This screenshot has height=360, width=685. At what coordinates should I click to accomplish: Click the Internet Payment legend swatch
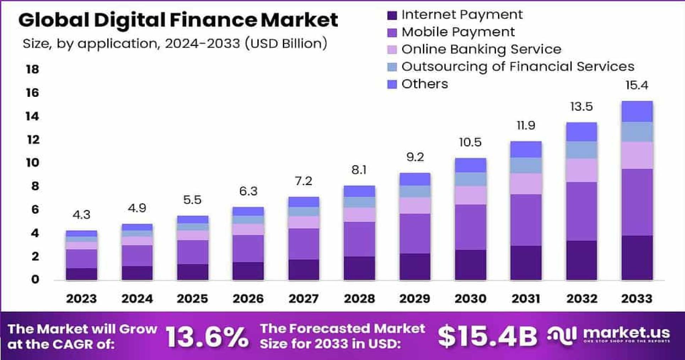pos(392,15)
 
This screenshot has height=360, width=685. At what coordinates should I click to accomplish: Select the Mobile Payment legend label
pos(458,32)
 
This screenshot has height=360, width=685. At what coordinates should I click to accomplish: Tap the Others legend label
pos(424,84)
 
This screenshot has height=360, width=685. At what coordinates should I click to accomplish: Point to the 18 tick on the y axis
pos(32,69)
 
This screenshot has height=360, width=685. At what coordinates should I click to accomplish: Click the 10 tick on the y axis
pos(32,163)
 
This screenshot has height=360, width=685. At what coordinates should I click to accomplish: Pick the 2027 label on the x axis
pos(303,299)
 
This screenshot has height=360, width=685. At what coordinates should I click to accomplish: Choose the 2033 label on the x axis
pos(637,299)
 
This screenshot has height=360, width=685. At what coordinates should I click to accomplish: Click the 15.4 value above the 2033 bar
pos(637,85)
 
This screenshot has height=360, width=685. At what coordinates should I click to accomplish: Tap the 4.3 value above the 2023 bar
pos(81,215)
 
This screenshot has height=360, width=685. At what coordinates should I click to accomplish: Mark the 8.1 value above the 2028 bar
pos(359,170)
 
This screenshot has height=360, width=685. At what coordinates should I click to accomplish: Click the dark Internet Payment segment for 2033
pos(637,258)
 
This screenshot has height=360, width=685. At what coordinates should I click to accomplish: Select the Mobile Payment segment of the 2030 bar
pos(470,227)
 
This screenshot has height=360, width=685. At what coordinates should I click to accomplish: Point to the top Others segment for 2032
pos(581,132)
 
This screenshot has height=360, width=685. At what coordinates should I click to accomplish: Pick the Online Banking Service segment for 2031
pos(526,184)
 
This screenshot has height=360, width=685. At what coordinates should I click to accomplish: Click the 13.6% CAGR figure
pos(207,337)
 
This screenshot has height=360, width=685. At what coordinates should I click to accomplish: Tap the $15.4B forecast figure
pos(487,337)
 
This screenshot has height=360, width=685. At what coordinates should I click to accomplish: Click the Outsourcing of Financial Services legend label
pos(517,67)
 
